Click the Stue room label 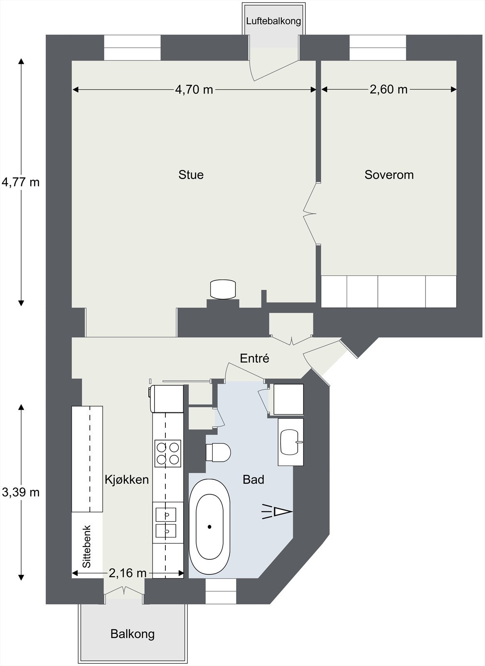[191, 174]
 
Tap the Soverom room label [389, 175]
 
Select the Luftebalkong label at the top [273, 21]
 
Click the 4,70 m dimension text [194, 89]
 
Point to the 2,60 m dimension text [389, 89]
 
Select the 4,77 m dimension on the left [21, 182]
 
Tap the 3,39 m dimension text [21, 492]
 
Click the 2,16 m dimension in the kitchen [127, 573]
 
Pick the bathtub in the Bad [209, 527]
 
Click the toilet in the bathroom [219, 452]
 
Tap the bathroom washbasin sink [290, 442]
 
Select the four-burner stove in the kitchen [168, 453]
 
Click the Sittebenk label [87, 547]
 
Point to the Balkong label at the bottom [133, 634]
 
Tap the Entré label [255, 358]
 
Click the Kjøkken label [127, 480]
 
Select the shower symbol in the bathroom [277, 512]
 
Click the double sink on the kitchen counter [166, 523]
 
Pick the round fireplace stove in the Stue [223, 289]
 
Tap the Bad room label [254, 480]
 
